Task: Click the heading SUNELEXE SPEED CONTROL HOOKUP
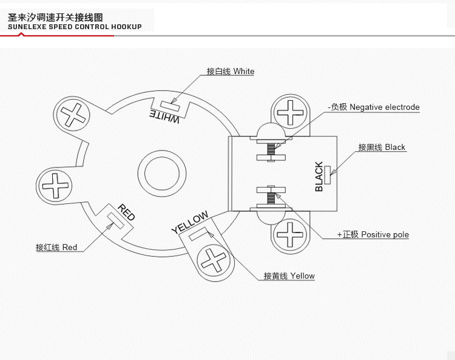[x=75, y=27]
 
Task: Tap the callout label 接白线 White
[x=230, y=72]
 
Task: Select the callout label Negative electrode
[x=374, y=107]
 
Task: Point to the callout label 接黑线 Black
[x=382, y=148]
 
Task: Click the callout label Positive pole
[x=373, y=235]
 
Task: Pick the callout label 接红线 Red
[x=56, y=248]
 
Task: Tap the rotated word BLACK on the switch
[x=319, y=177]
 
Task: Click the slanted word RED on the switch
[x=126, y=212]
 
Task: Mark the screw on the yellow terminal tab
[x=214, y=261]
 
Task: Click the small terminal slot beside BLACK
[x=328, y=174]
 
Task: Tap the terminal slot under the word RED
[x=115, y=220]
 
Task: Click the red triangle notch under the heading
[x=22, y=35]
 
